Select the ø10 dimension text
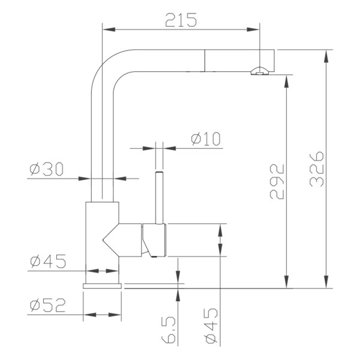click(x=206, y=139)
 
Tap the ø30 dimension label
click(x=46, y=170)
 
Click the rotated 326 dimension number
click(x=318, y=169)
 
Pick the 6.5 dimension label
click(x=169, y=332)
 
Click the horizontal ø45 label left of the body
click(x=47, y=262)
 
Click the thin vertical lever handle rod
click(x=160, y=198)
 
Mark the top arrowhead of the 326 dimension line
click(x=327, y=54)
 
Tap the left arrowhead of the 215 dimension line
click(x=107, y=28)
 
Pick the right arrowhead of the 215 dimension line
click(x=256, y=28)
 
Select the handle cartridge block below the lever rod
click(x=155, y=239)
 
